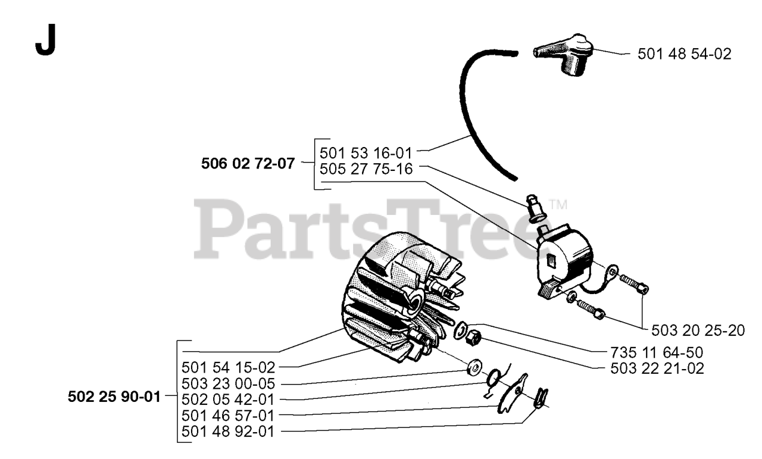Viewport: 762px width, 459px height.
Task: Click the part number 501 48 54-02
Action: (x=684, y=54)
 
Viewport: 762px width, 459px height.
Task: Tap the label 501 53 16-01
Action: (x=366, y=153)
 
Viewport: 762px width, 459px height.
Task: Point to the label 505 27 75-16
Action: (x=366, y=168)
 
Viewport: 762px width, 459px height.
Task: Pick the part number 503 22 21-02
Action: (x=657, y=369)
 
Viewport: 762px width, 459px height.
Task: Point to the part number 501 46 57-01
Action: (x=228, y=416)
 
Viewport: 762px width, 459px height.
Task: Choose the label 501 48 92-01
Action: (x=228, y=432)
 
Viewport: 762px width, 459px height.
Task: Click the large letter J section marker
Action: (x=45, y=40)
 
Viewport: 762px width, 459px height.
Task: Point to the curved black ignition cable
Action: (x=470, y=119)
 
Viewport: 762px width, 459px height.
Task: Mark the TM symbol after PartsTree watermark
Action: (x=558, y=204)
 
